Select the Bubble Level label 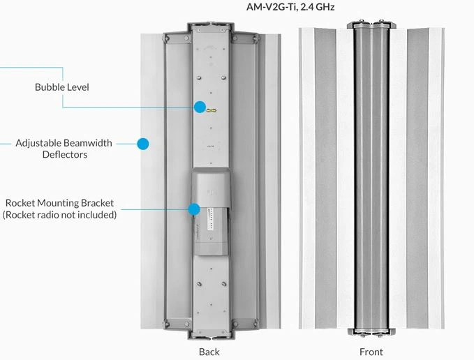coord(62,88)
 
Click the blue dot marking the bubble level coord(200,107)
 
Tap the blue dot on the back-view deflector coord(143,144)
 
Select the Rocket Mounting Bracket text coord(59,203)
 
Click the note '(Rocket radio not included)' coord(59,214)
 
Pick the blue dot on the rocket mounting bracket coord(194,209)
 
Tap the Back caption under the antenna coord(209,352)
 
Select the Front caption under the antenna coord(371,352)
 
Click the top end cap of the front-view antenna coord(371,25)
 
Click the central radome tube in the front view coord(371,174)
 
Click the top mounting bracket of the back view coord(211,29)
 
